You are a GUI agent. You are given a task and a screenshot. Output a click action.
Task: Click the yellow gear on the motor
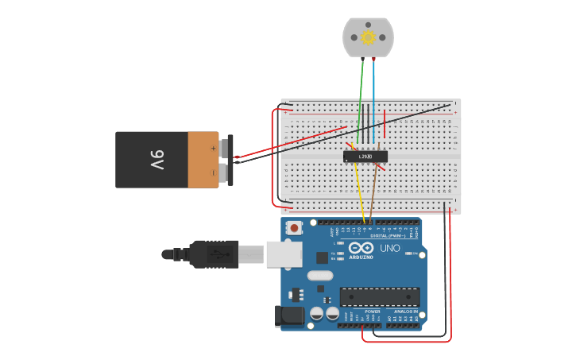click(368, 37)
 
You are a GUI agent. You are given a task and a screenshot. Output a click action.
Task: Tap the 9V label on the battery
click(157, 160)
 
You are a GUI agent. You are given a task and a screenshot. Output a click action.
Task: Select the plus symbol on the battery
click(213, 148)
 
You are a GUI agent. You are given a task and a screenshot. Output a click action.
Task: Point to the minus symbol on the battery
click(213, 172)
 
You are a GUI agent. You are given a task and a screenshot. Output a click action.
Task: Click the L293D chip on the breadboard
click(365, 157)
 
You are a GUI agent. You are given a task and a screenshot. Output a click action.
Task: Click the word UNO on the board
click(390, 249)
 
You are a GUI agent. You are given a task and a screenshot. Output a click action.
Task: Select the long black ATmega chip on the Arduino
click(380, 296)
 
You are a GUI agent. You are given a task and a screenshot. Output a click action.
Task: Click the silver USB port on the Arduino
click(284, 254)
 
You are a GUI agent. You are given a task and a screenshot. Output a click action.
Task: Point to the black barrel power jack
click(289, 315)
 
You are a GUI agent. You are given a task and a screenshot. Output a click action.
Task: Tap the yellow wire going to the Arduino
click(360, 195)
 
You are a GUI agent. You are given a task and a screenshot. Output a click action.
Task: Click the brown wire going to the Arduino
click(373, 195)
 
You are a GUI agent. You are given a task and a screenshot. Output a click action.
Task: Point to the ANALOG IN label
click(405, 312)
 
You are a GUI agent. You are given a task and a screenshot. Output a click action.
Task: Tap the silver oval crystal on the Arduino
click(319, 276)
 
